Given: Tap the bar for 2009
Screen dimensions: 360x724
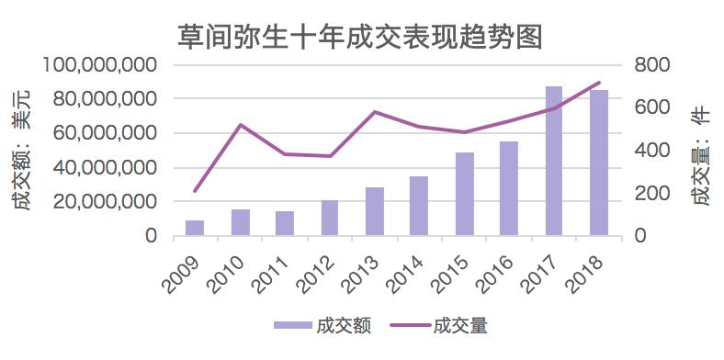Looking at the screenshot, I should tap(195, 228).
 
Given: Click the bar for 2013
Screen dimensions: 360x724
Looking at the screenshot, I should tap(375, 211).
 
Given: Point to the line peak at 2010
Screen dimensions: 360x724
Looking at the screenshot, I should tap(240, 125).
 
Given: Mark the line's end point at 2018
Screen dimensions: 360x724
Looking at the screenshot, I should tap(599, 83).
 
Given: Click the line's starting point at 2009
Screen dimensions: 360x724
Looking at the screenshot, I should tap(195, 191).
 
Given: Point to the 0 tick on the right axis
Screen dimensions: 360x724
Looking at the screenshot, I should tap(642, 236).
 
